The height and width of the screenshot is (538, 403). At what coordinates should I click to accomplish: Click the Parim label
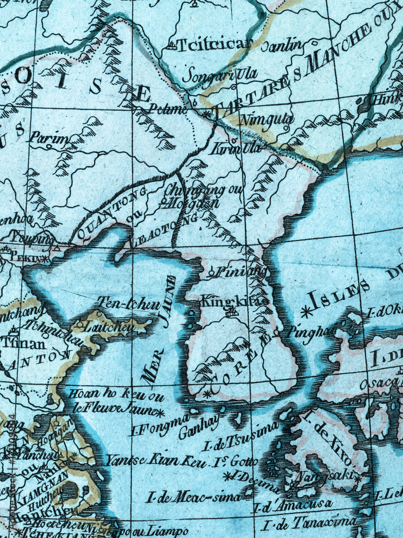coord(49,139)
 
